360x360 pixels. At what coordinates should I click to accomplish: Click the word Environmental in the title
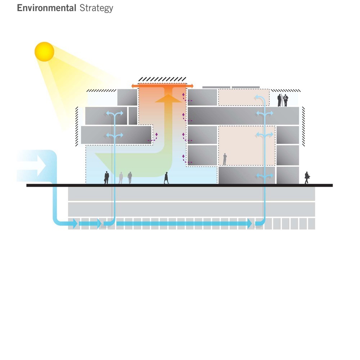tap(46, 8)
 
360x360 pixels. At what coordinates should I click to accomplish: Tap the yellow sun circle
tap(44, 51)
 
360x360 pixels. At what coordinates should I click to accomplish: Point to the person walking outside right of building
tap(307, 178)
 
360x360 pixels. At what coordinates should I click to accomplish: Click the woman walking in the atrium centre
tap(166, 178)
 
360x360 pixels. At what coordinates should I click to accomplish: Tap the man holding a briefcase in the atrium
tap(107, 177)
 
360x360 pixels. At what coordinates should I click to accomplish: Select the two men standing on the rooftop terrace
tap(283, 100)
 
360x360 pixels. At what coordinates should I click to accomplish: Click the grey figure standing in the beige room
tap(225, 159)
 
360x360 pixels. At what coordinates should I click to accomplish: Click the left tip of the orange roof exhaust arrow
tap(131, 86)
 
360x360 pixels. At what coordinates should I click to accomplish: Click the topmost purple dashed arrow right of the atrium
tap(186, 97)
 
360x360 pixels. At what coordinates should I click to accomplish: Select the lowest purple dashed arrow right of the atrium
tap(186, 159)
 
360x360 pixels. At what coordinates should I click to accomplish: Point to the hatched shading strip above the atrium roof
tap(162, 80)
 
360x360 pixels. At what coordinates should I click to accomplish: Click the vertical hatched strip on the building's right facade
tap(303, 126)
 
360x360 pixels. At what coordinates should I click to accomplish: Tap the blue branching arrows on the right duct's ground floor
tap(265, 176)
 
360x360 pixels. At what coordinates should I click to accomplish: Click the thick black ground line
tap(180, 185)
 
